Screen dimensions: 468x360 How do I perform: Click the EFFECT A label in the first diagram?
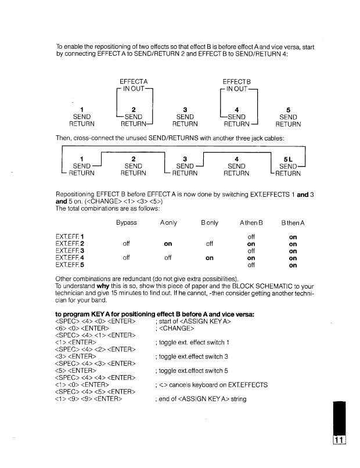133,81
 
